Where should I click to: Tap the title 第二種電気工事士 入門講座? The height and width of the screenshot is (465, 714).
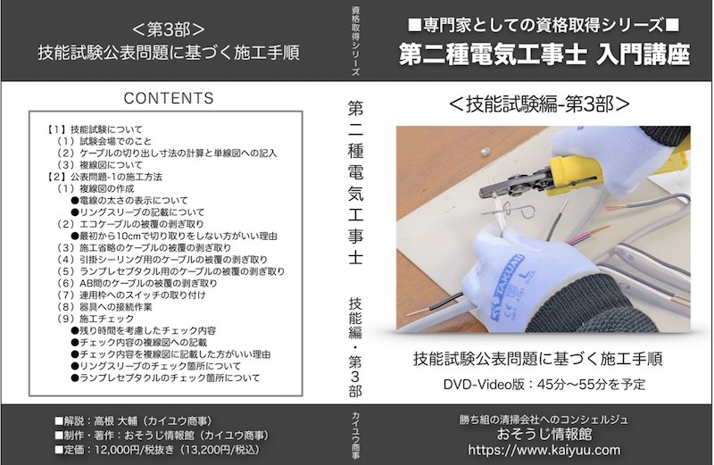(x=544, y=54)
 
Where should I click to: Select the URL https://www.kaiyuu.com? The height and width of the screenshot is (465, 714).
(x=544, y=452)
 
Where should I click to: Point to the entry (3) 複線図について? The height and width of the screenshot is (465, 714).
(x=98, y=164)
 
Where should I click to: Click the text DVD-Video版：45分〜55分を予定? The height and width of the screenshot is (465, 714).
(x=544, y=385)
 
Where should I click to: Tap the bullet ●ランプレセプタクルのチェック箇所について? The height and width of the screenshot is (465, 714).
(x=169, y=378)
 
